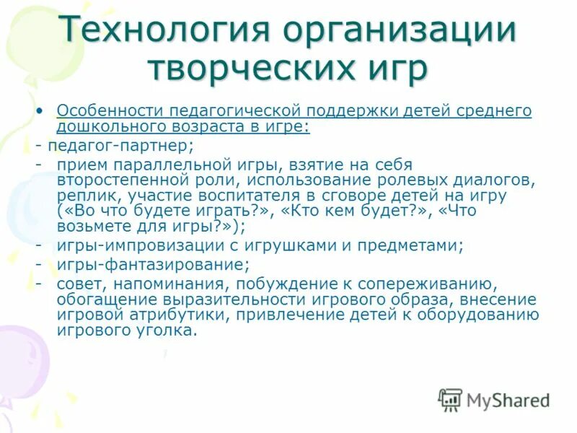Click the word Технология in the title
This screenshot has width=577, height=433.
(x=165, y=32)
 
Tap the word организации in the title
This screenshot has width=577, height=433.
(x=400, y=32)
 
